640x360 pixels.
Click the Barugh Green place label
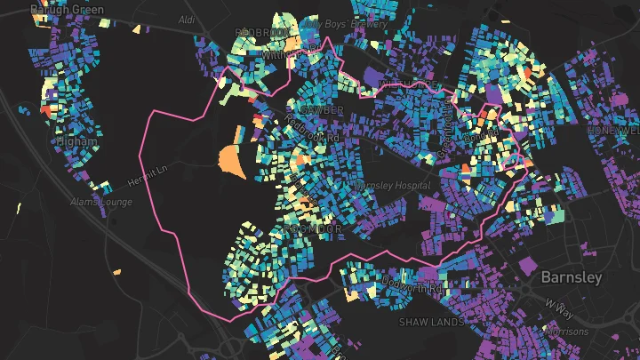pos(67,10)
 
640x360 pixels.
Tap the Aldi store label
pos(186,19)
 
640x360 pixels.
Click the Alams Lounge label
pos(101,203)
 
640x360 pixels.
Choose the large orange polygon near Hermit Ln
pos(231,161)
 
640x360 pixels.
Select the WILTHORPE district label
pos(409,85)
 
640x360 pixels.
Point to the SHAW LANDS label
pos(431,321)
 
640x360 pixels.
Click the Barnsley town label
pos(572,277)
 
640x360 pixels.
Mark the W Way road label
pos(560,308)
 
